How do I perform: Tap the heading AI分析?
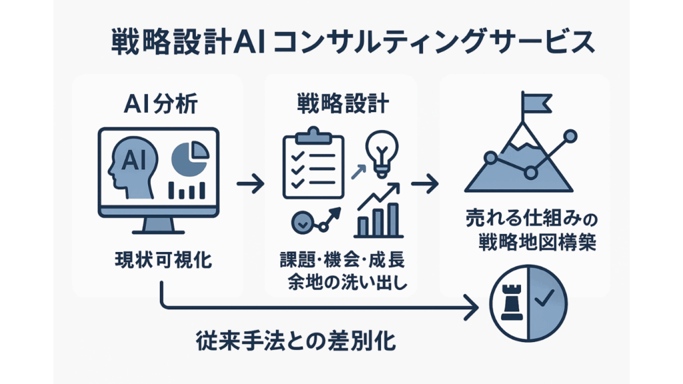tap(160, 105)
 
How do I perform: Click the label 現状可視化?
tap(160, 259)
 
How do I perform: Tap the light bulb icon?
tap(380, 152)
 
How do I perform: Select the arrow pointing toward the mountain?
tap(425, 182)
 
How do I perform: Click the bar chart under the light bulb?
tap(378, 213)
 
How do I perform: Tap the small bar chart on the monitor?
tap(187, 190)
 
